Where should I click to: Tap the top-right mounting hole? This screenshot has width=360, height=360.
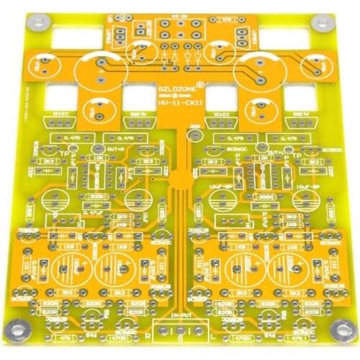click(318, 22)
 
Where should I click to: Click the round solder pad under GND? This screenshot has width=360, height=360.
click(192, 137)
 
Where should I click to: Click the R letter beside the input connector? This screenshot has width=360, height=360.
click(147, 335)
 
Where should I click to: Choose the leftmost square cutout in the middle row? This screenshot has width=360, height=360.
click(60, 96)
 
